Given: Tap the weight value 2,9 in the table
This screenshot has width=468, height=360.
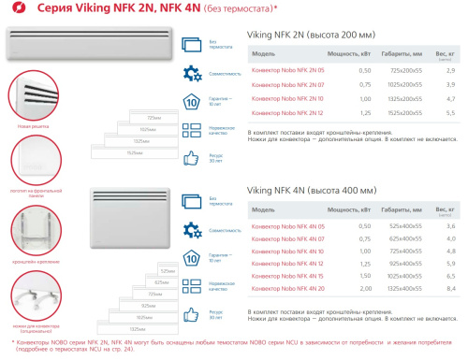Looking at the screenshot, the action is point(450,71).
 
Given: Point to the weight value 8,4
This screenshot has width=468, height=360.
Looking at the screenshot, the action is point(450,292).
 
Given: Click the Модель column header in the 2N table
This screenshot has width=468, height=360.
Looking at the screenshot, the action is point(264,54).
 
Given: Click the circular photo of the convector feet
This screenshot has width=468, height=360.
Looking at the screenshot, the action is point(31,295).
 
